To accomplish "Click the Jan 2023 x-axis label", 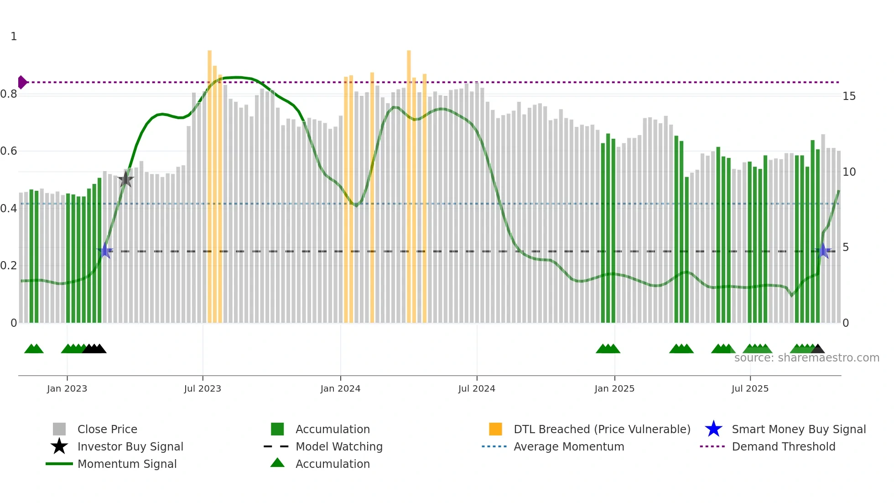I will point(67,388).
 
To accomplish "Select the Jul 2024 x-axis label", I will point(477,388).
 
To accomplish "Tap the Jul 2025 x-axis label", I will point(750,388).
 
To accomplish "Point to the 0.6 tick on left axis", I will point(9,151).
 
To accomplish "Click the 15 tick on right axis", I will point(849,96).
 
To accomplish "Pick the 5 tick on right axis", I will point(846,247).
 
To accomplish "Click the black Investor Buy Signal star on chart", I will point(125,179).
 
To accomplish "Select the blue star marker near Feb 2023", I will point(105,251).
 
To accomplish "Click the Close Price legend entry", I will point(107,429).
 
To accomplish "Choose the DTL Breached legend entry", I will point(602,429).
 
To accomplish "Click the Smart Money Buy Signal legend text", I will point(799,429).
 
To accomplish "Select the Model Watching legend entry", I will point(339,446).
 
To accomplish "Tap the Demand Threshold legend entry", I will point(783,446).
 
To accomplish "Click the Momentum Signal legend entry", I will point(127,464).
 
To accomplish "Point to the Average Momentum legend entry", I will point(569,446).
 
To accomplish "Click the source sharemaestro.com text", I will point(806,358).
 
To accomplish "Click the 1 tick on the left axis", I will point(14,37).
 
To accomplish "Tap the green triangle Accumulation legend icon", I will point(277,463).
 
